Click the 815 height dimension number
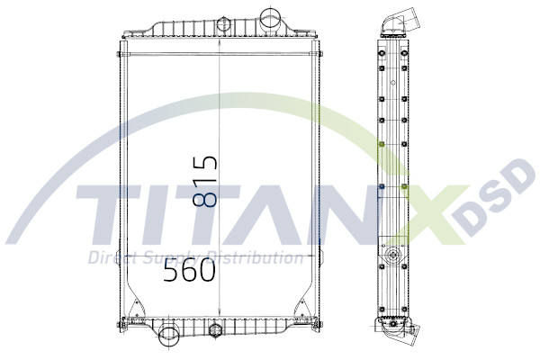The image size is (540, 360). tap(205, 183)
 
